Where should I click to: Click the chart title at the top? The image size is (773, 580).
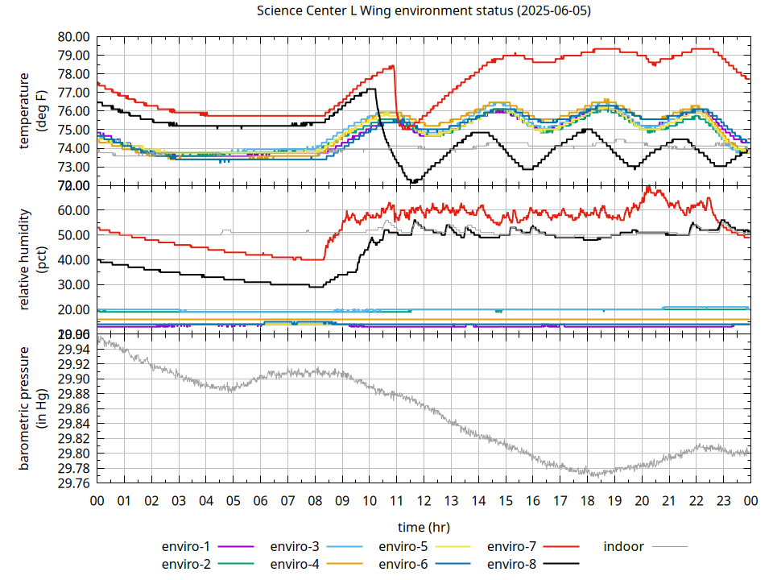point(423,11)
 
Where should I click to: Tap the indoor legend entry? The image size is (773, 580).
point(624,546)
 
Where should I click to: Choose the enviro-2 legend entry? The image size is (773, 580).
point(187,564)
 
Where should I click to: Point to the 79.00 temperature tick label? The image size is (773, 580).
point(73,56)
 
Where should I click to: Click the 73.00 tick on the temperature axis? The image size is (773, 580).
point(73,167)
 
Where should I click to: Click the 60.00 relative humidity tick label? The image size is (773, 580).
point(73,210)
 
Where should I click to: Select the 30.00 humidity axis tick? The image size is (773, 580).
point(73,284)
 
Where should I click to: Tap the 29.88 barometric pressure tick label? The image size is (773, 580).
point(73,394)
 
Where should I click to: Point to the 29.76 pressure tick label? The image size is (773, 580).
point(73,483)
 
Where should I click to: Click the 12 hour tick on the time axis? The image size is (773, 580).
point(424,500)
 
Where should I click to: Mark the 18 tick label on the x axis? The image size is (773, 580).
point(587,500)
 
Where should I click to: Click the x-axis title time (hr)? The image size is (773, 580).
point(423,527)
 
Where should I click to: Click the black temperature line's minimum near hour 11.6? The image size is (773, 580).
point(413,182)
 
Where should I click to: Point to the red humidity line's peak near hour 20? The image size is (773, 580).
point(648,188)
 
